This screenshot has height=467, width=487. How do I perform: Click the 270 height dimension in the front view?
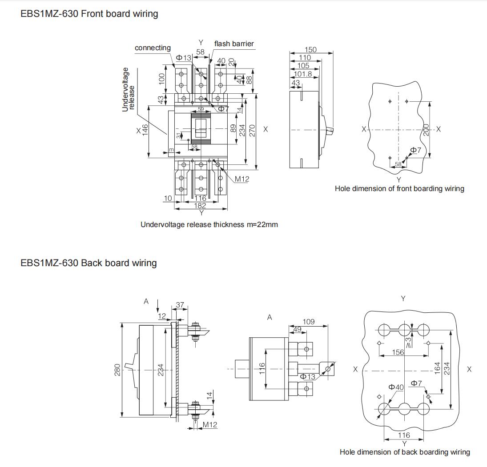pyautogui.click(x=252, y=130)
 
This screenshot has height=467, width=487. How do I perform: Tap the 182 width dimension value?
pyautogui.click(x=200, y=205)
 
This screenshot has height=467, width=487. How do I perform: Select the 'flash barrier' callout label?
pyautogui.click(x=234, y=44)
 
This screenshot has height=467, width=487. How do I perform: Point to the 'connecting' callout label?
pyautogui.click(x=153, y=48)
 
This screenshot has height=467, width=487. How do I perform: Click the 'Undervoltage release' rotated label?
pyautogui.click(x=128, y=89)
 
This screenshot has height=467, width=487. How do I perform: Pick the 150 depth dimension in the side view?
pyautogui.click(x=310, y=50)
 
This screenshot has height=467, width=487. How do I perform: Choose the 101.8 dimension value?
pyautogui.click(x=303, y=74)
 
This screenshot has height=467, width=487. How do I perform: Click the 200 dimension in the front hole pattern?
pyautogui.click(x=426, y=130)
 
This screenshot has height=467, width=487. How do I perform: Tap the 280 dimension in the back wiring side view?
pyautogui.click(x=117, y=370)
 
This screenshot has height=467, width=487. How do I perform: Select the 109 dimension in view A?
pyautogui.click(x=309, y=322)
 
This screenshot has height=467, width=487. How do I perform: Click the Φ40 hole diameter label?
pyautogui.click(x=396, y=387)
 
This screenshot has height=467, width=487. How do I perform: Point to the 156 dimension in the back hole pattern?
pyautogui.click(x=398, y=352)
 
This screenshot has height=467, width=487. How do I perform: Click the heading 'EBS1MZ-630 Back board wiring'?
pyautogui.click(x=89, y=263)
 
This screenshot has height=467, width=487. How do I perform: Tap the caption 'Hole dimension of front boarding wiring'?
pyautogui.click(x=399, y=189)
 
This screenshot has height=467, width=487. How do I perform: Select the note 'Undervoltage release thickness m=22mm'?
pyautogui.click(x=209, y=225)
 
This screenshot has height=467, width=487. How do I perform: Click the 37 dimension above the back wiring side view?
pyautogui.click(x=180, y=305)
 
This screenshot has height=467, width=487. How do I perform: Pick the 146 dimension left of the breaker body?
pyautogui.click(x=145, y=130)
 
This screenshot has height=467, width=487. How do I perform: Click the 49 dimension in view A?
pyautogui.click(x=297, y=329)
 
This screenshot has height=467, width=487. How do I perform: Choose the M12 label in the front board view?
pyautogui.click(x=242, y=179)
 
